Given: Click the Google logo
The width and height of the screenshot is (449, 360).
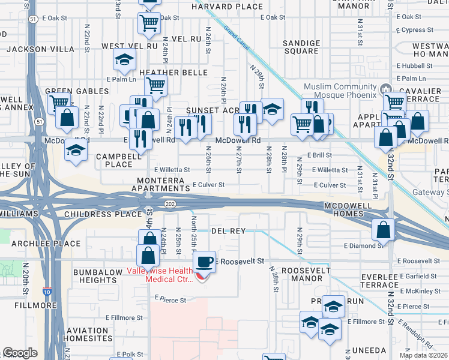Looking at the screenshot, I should tap(20, 353).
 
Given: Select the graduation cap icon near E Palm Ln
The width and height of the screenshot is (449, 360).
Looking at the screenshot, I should tap(124, 59).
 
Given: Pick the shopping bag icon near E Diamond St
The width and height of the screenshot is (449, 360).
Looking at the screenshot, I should tap(383, 229).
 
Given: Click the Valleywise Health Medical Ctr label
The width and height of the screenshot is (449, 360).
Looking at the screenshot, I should tap(161, 274).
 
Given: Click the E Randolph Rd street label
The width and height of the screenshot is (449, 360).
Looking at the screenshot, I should tap(415, 334).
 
